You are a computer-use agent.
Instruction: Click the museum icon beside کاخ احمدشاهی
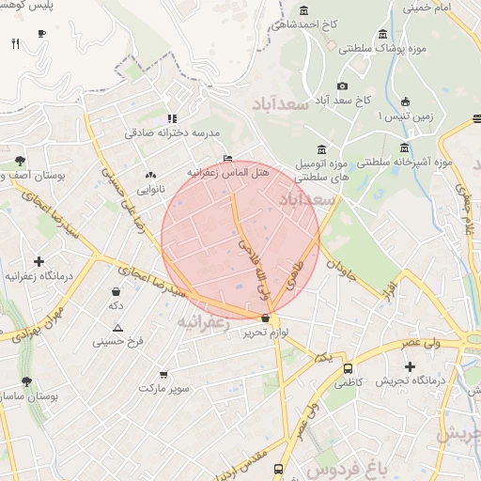click(303, 11)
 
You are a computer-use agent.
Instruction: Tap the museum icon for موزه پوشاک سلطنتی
click(382, 34)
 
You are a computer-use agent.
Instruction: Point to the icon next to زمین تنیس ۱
click(405, 101)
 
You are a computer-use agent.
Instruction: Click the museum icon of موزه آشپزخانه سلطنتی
click(405, 147)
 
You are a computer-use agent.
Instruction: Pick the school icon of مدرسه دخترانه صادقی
click(171, 118)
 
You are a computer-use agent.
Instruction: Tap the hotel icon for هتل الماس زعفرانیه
click(227, 158)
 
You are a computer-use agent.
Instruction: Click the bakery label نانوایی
click(150, 190)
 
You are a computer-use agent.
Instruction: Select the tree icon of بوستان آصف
click(21, 161)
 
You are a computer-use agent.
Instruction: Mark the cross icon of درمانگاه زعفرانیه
click(39, 261)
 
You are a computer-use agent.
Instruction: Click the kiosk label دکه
click(116, 306)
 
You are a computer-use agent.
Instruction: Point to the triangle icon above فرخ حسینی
click(117, 328)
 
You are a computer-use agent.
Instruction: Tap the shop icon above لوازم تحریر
click(266, 319)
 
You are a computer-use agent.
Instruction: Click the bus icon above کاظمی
click(348, 369)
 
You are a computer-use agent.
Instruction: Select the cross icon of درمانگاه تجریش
click(409, 365)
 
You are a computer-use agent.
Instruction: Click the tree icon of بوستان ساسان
click(26, 382)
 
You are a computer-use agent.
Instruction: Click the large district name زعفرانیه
click(202, 321)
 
